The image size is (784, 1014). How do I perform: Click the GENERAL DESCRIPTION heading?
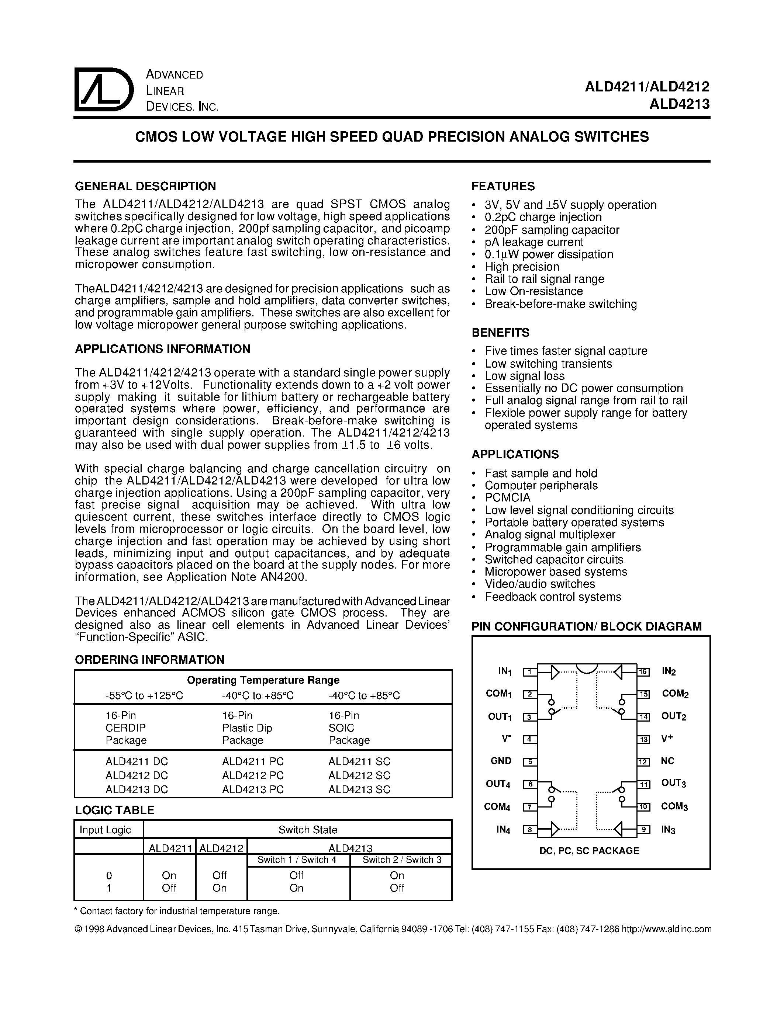[x=145, y=186]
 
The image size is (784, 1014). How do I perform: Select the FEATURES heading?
[x=503, y=186]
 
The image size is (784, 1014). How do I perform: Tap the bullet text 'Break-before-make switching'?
[x=560, y=304]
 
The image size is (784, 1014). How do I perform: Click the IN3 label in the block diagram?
[x=669, y=830]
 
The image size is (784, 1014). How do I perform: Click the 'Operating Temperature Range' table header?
[x=263, y=680]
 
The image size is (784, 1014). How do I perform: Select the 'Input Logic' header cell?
[x=106, y=830]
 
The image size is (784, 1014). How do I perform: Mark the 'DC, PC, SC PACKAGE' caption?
[x=589, y=851]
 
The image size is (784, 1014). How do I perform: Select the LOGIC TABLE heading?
[x=115, y=810]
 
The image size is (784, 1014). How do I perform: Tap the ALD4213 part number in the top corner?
[x=680, y=104]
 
